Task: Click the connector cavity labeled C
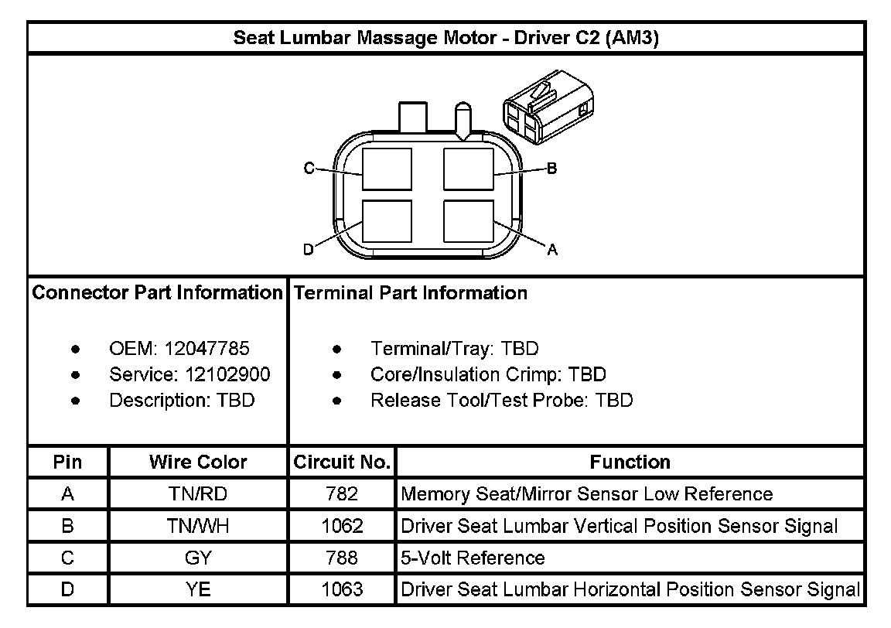point(387,168)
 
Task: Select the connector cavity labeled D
point(387,221)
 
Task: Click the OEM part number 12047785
point(207,349)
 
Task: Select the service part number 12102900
point(227,375)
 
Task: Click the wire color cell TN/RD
point(198,493)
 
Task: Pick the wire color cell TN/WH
point(198,526)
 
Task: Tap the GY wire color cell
point(198,558)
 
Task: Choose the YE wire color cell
point(198,589)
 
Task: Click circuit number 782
point(342,493)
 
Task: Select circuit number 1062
point(342,526)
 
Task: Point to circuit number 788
point(342,558)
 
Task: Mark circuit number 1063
point(342,589)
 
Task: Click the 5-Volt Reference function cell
point(473,558)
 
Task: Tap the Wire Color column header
point(198,462)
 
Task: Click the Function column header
point(630,462)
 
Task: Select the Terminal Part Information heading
point(411,293)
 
